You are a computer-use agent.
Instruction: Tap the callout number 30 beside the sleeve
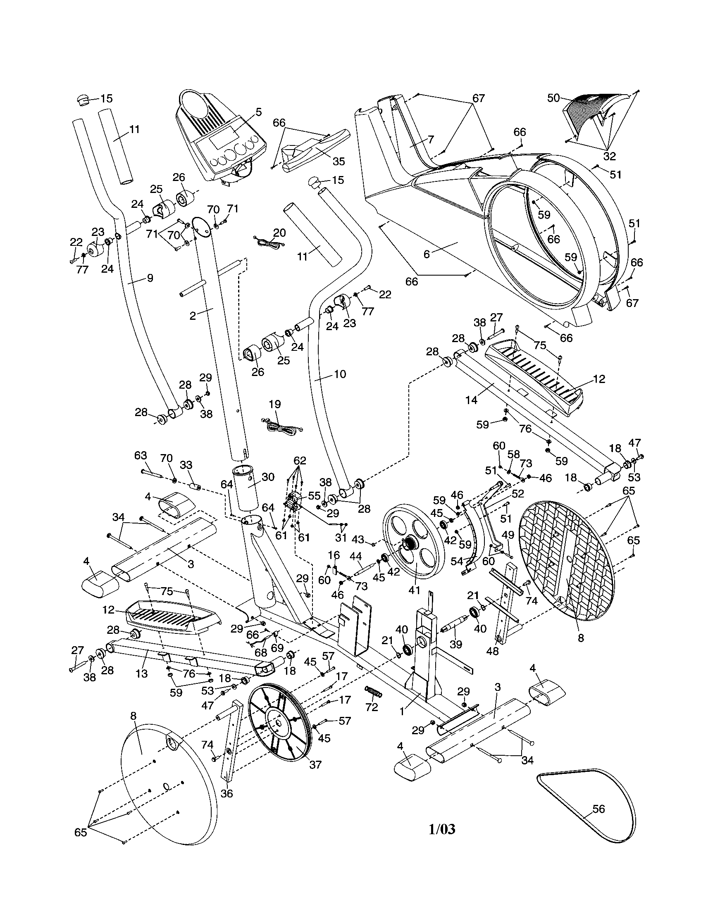click(x=268, y=477)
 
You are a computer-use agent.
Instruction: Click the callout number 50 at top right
click(x=553, y=98)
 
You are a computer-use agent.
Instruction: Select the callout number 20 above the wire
click(x=279, y=232)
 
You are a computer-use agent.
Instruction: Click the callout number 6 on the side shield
click(x=426, y=253)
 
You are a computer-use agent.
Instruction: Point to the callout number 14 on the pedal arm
click(x=471, y=400)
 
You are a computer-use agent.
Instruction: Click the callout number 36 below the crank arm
click(x=227, y=793)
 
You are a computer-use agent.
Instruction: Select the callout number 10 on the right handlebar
click(x=340, y=374)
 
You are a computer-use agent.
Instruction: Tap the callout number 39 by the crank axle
click(x=456, y=645)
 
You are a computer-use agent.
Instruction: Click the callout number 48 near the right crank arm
click(x=492, y=651)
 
